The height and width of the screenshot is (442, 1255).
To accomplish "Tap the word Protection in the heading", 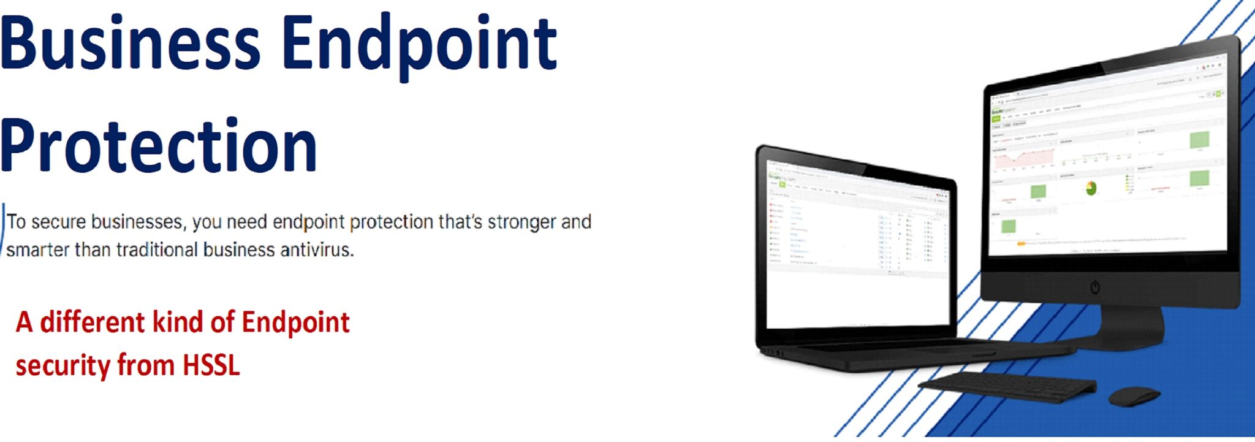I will (x=158, y=146).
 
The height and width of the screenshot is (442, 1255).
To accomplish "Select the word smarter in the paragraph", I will (x=37, y=250).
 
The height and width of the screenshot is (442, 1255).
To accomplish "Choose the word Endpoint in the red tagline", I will (x=295, y=322).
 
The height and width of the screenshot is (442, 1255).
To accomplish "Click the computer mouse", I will (x=1134, y=395).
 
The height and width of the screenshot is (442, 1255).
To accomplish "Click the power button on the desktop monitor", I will (x=1095, y=287).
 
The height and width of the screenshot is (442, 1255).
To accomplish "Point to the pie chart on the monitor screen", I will (x=1091, y=188).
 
